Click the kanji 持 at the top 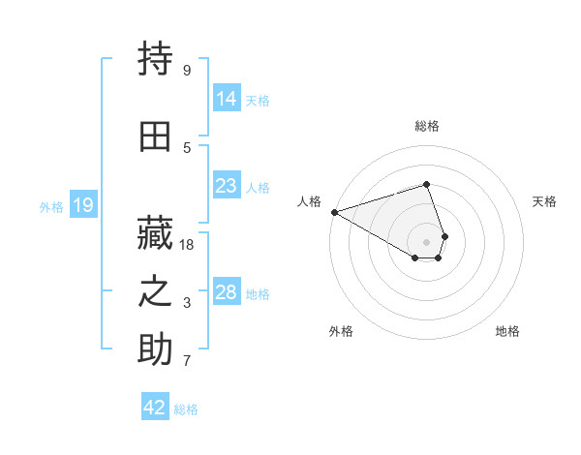tap(155, 60)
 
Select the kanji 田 tap(155, 136)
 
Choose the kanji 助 tap(155, 349)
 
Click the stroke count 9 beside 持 tap(186, 70)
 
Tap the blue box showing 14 tap(227, 98)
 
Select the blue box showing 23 tap(227, 185)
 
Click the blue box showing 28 tap(227, 291)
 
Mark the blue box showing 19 tap(82, 204)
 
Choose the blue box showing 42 tap(155, 408)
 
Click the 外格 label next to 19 tap(51, 206)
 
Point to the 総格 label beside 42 tap(187, 409)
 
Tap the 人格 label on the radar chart tap(310, 201)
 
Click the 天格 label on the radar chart tap(544, 201)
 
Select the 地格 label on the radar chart tap(507, 331)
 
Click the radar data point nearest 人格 tap(334, 212)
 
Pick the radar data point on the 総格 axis tap(427, 184)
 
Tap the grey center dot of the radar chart tap(427, 242)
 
